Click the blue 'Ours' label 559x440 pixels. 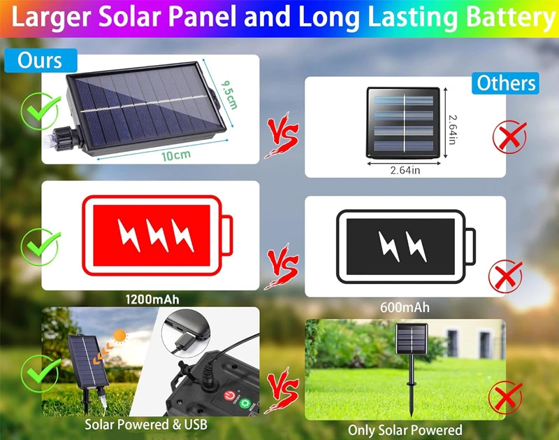(41, 60)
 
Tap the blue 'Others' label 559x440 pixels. (505, 83)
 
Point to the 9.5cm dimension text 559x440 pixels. (229, 94)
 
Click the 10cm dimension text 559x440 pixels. (176, 155)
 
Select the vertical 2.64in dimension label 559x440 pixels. (452, 129)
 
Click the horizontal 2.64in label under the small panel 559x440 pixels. (405, 170)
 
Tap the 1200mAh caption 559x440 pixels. (152, 299)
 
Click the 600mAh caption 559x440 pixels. (405, 307)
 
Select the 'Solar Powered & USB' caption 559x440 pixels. (146, 425)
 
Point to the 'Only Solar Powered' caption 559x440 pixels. (405, 430)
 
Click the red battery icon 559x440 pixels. (157, 236)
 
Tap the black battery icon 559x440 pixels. (406, 247)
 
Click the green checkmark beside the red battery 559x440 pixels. (41, 246)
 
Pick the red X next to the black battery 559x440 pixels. (505, 276)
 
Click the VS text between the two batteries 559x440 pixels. (282, 266)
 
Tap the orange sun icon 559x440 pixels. (120, 336)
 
